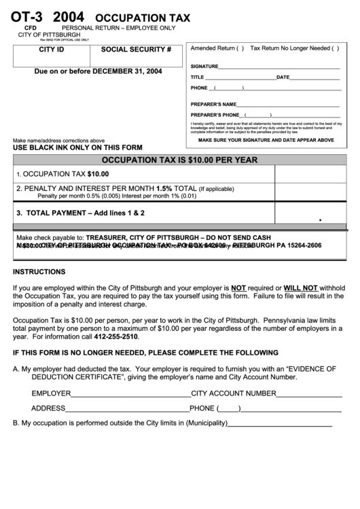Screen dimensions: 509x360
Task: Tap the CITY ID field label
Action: pos(52,50)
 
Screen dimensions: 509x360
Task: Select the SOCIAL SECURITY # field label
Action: pos(136,50)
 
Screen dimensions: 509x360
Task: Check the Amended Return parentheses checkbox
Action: pos(240,49)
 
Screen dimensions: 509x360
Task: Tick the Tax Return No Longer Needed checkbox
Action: pos(334,49)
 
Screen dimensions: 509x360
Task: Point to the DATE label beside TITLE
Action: pos(283,77)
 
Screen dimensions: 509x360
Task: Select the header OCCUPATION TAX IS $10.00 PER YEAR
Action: pos(179,160)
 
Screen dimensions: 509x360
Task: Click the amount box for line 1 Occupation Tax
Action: pos(310,174)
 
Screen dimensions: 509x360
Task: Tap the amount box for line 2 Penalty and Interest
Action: pos(310,192)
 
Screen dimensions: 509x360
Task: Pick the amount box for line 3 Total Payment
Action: pos(310,213)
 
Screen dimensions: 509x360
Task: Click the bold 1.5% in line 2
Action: pos(164,188)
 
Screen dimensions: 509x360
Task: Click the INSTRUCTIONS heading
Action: pos(39,271)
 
